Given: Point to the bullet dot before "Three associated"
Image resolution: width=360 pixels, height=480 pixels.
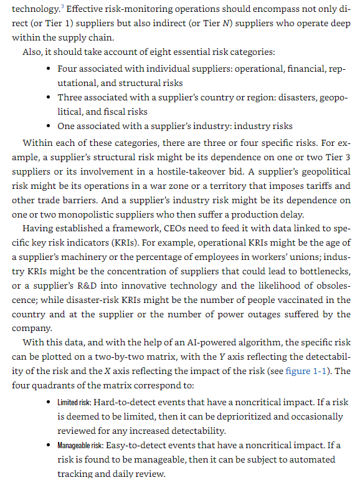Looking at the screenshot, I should (48, 98).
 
